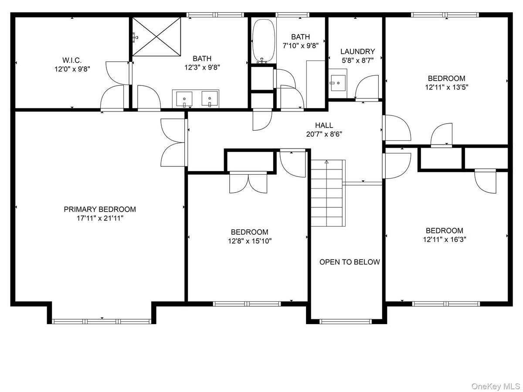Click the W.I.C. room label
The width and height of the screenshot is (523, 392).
pyautogui.click(x=72, y=60)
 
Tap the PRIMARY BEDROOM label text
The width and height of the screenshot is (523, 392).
pyautogui.click(x=100, y=209)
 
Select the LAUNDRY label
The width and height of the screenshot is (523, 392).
pyautogui.click(x=357, y=51)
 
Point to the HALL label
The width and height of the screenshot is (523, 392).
pyautogui.click(x=324, y=125)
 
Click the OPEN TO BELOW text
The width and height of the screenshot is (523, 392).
pyautogui.click(x=350, y=262)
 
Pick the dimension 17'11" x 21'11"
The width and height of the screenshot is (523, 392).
pyautogui.click(x=100, y=218)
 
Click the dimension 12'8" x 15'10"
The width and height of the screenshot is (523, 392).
pyautogui.click(x=249, y=241)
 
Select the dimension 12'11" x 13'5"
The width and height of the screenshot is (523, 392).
pyautogui.click(x=447, y=87)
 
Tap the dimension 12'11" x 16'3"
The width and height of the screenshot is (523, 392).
pyautogui.click(x=445, y=239)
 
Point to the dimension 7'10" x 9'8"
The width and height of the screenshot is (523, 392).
pyautogui.click(x=300, y=45)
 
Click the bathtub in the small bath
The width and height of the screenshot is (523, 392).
pyautogui.click(x=264, y=41)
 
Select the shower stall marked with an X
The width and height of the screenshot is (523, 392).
pyautogui.click(x=156, y=37)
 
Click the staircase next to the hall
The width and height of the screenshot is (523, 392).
pyautogui.click(x=328, y=193)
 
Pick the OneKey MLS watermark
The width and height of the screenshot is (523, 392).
pyautogui.click(x=496, y=386)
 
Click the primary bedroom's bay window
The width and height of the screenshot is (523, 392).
pyautogui.click(x=102, y=321)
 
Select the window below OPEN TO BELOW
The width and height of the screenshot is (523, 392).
pyautogui.click(x=346, y=321)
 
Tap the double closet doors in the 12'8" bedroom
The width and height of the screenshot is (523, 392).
pyautogui.click(x=248, y=182)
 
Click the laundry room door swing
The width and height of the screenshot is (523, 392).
pyautogui.click(x=367, y=87)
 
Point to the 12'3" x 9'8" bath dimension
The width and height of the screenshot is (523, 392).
pyautogui.click(x=202, y=68)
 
